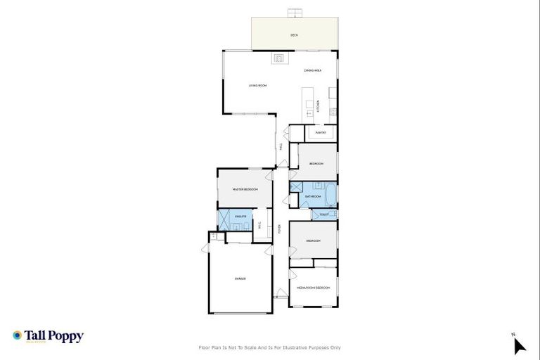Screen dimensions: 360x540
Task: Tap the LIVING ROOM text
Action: tap(257, 86)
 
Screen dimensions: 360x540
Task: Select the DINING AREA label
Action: tap(313, 70)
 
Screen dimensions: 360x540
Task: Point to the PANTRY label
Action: tap(321, 132)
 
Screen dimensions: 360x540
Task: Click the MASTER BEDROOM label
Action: tap(245, 190)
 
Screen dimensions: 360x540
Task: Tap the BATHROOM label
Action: tap(313, 196)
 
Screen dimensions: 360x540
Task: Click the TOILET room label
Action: tap(324, 214)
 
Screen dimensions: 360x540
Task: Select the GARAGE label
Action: tap(240, 279)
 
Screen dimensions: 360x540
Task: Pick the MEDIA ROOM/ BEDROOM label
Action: tap(314, 288)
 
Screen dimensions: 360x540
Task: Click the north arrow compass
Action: tap(519, 345)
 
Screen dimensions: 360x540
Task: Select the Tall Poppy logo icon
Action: tap(18, 336)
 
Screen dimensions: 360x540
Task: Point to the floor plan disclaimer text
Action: tap(270, 347)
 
